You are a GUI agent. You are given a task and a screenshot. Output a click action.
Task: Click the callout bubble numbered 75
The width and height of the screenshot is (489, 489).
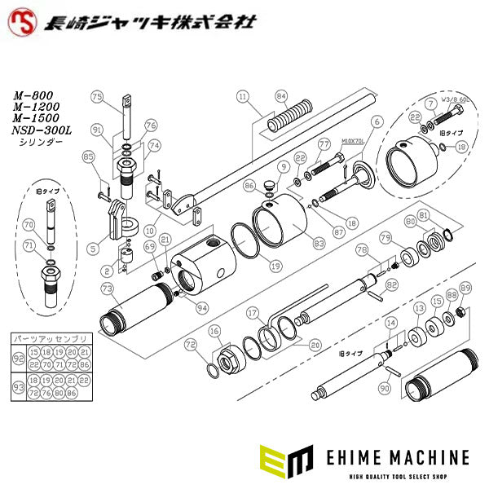pos(97,97)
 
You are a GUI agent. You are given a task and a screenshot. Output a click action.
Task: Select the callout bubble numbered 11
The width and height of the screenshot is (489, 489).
pos(241,97)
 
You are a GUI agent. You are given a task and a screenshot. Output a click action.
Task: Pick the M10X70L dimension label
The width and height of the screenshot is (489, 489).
pos(352,139)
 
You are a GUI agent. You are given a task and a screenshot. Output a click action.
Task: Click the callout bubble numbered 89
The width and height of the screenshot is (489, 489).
pos(465,288)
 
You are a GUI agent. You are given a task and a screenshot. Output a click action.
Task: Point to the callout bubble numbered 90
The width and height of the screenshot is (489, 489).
pos(385,390)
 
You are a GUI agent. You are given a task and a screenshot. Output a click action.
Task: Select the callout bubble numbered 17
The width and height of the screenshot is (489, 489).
pos(253,311)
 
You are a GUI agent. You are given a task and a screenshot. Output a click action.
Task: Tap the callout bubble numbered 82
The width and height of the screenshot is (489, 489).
pos(392,284)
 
